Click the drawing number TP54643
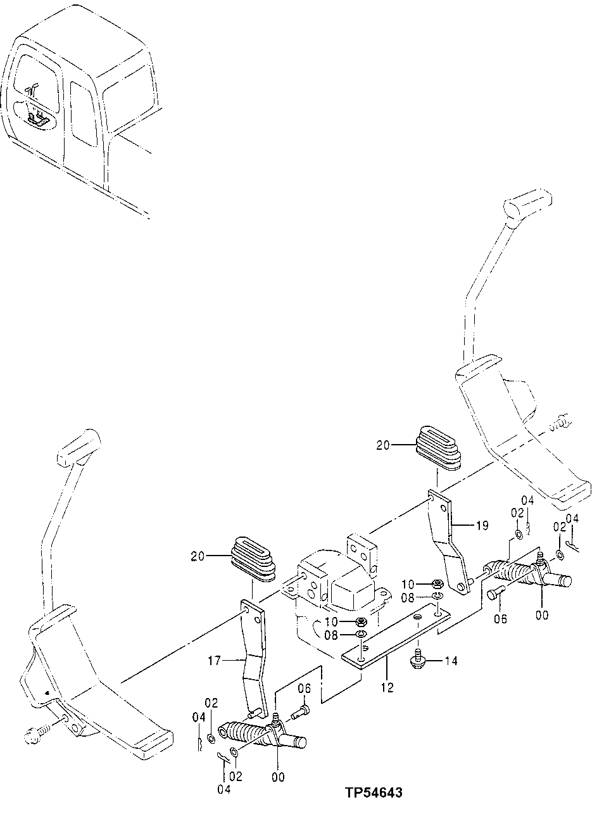point(373,792)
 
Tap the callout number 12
point(387,687)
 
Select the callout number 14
point(451,661)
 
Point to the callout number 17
point(214,661)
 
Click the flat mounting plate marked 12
point(396,637)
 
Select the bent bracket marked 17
point(254,659)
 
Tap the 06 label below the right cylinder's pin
point(500,619)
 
